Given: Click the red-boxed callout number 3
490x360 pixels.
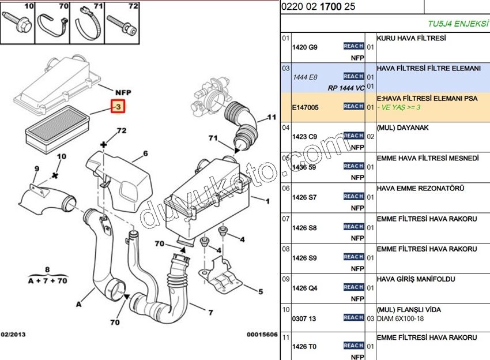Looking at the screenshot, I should [x=118, y=107].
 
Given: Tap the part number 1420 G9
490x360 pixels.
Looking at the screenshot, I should [x=304, y=47].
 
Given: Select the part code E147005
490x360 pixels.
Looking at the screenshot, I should [x=305, y=107].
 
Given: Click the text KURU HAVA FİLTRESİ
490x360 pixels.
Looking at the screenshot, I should [x=412, y=38].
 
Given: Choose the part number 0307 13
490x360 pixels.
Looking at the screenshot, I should [x=304, y=318].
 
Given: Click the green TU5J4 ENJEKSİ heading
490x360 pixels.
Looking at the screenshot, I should [x=458, y=24].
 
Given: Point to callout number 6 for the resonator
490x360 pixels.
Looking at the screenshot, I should [x=145, y=153].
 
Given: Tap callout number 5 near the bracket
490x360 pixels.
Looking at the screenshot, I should [x=261, y=291].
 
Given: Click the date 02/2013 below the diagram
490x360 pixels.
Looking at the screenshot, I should [x=13, y=335].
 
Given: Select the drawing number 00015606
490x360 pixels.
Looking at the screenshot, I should [x=262, y=335].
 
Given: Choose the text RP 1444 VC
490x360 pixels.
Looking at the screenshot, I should [x=346, y=88].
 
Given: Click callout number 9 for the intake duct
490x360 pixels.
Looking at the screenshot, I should [x=37, y=169].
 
